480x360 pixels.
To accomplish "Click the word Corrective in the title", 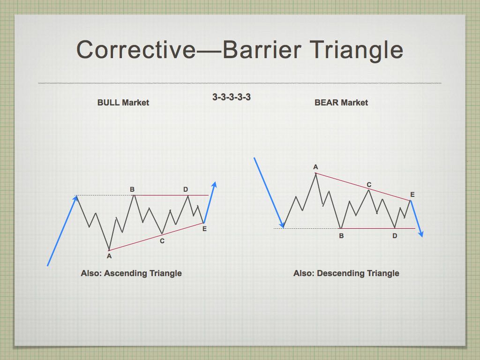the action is click(x=136, y=50).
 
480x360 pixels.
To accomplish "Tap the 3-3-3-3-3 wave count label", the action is click(x=232, y=97).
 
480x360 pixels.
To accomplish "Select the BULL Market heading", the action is click(x=123, y=103).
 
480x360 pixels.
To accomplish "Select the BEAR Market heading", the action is click(x=341, y=103).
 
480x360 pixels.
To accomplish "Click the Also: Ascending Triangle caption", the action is click(x=131, y=273).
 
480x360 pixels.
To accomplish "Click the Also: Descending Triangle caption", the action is click(x=346, y=273).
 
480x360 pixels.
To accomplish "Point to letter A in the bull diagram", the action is click(x=109, y=256).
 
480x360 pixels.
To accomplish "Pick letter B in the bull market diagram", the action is click(x=132, y=189).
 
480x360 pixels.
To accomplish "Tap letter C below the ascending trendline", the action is click(x=162, y=241).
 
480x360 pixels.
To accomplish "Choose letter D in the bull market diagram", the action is click(x=186, y=189).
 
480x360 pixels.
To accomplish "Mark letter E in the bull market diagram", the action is click(x=204, y=229).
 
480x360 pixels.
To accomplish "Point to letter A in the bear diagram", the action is click(x=315, y=167).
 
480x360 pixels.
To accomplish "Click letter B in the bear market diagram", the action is click(x=341, y=236).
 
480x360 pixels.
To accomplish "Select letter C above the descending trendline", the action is click(x=369, y=185).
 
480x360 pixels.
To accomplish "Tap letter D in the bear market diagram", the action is click(x=395, y=236).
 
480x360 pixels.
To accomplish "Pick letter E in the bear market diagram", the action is click(x=412, y=195).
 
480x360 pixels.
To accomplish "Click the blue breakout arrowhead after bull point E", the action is click(x=214, y=185).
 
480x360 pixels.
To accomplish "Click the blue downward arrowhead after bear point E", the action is click(x=421, y=234).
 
